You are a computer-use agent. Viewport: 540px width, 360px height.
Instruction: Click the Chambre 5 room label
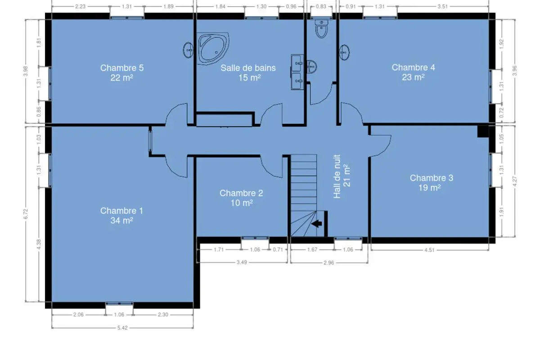[x=122, y=68]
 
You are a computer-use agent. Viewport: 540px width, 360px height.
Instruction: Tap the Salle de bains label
[x=248, y=68]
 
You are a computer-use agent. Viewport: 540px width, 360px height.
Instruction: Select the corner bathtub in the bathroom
[x=213, y=49]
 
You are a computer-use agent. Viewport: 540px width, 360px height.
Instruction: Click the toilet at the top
[x=321, y=29]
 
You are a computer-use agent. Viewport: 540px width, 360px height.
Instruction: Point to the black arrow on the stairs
[x=316, y=224]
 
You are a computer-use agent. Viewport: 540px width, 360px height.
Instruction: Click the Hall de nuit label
[x=337, y=176]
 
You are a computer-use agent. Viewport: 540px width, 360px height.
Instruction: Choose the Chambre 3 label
[x=432, y=178]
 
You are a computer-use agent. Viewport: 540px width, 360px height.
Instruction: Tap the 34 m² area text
[x=122, y=220]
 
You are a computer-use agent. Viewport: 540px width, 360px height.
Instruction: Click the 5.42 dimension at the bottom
[x=122, y=328]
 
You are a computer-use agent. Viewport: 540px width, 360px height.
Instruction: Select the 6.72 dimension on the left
[x=26, y=214]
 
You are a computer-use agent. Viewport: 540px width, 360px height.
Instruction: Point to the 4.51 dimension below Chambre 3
[x=429, y=250]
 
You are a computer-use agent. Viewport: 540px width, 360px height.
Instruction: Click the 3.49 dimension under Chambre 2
[x=242, y=262]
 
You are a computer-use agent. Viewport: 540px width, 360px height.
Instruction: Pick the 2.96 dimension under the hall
[x=328, y=263]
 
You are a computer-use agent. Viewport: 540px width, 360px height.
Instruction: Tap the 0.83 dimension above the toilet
[x=321, y=6]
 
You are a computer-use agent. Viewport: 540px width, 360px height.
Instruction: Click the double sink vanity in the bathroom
[x=297, y=72]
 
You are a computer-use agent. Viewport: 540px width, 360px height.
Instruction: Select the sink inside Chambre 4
[x=344, y=52]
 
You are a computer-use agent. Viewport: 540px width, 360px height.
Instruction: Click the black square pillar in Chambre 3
[x=483, y=131]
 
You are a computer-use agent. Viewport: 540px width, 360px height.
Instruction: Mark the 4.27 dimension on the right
[x=514, y=181]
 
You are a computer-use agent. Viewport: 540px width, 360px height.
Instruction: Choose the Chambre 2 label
[x=241, y=193]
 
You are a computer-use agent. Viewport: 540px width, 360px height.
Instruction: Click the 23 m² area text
[x=413, y=77]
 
